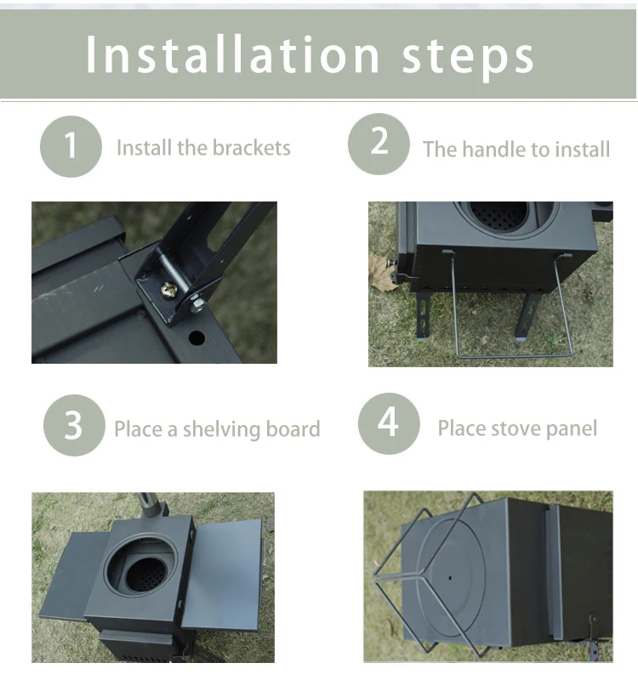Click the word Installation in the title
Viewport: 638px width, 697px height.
point(231,54)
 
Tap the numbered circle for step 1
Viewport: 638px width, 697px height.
point(71,146)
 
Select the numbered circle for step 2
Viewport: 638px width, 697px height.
point(379,144)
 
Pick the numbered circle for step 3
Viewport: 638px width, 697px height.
point(74,425)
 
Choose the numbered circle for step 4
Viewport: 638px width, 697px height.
point(389,423)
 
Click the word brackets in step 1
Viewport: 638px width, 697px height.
point(252,148)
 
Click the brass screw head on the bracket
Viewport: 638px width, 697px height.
point(169,290)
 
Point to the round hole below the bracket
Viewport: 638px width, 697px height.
point(197,337)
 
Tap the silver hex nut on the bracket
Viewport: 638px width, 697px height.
point(197,305)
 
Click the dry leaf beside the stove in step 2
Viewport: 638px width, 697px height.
point(382,272)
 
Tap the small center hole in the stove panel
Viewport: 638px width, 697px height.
point(450,578)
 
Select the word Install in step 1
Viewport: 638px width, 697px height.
point(144,147)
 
